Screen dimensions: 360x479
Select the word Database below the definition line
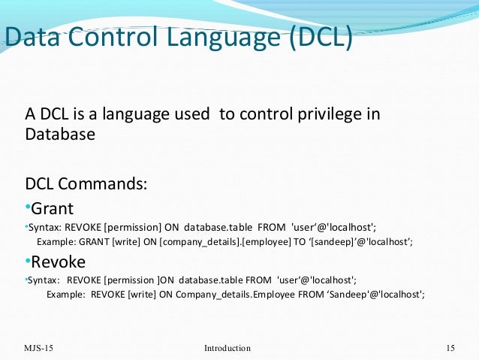[60, 135]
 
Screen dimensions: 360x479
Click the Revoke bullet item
[57, 262]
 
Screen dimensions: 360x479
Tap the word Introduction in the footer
[227, 348]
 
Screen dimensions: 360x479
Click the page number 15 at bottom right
[450, 348]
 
